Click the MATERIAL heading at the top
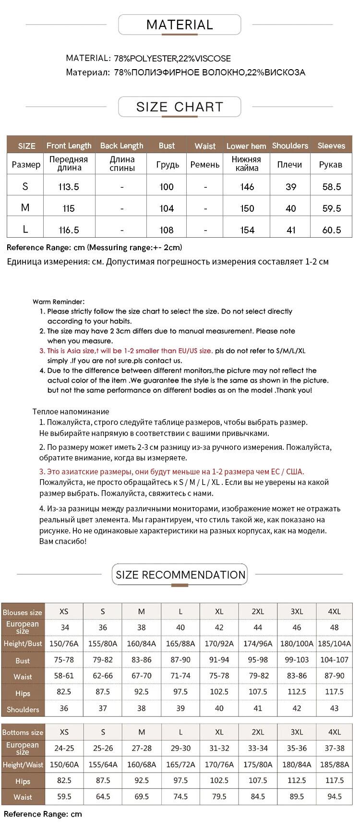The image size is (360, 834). coord(180,24)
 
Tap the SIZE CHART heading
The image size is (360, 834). coord(180,107)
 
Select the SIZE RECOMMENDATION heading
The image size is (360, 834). coord(180,575)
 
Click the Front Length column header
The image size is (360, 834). coord(69,145)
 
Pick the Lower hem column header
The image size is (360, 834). coord(246,146)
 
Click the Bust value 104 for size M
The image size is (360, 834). coord(167,208)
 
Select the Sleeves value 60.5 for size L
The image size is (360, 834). coord(331,230)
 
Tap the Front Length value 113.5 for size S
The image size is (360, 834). coord(69,186)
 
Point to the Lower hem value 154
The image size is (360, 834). coord(247,230)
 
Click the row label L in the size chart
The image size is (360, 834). coord(25,229)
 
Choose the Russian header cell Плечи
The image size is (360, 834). coord(289,164)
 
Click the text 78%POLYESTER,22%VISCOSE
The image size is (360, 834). coord(172,59)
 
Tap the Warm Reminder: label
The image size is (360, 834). coord(59,302)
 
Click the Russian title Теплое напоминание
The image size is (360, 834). coord(71,411)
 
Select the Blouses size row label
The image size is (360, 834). coord(23,612)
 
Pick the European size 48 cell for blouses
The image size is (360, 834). coord(334,627)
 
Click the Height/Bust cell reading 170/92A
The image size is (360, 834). coord(219,643)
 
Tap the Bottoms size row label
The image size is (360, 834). coord(23,732)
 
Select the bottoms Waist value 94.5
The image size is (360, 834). coord(334,797)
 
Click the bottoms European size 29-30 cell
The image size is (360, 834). coord(180,748)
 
